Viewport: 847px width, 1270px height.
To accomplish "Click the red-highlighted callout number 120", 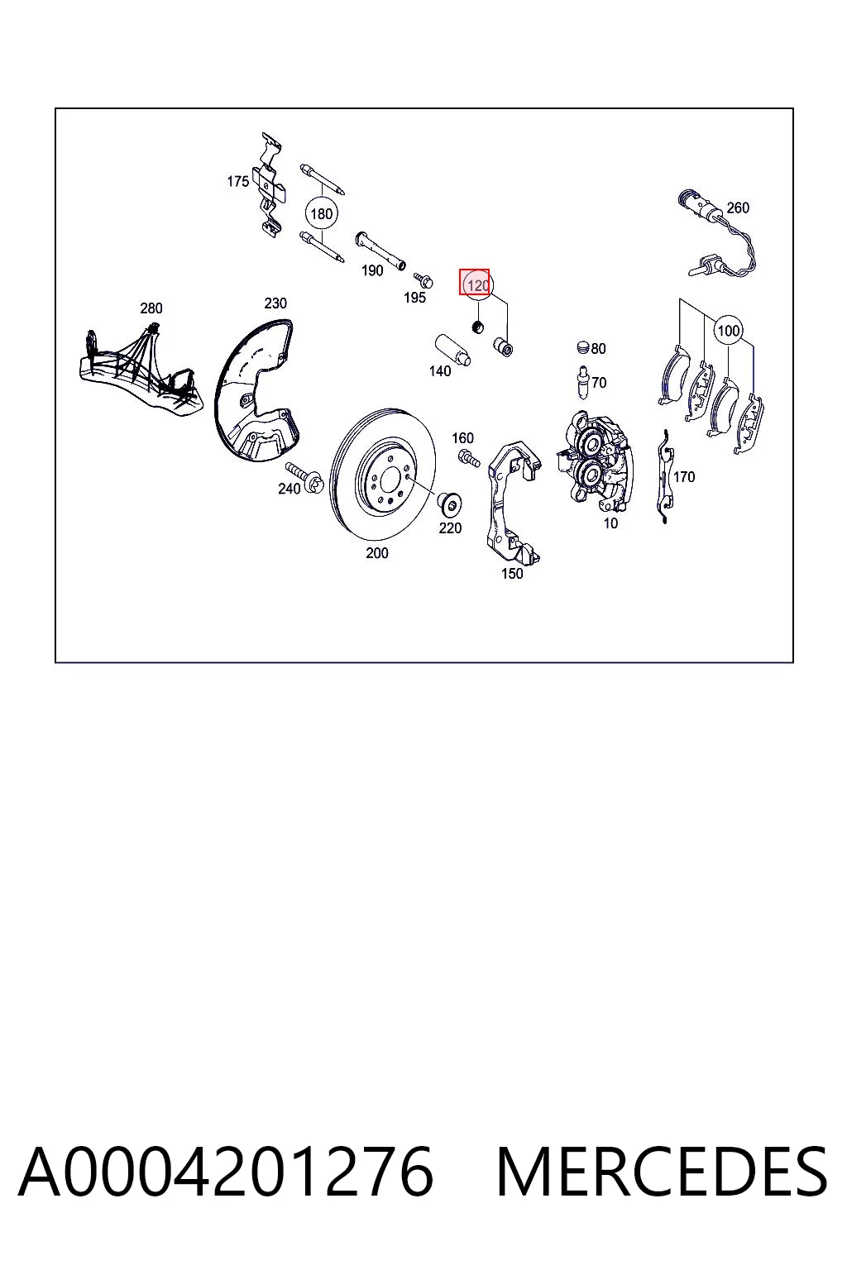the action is (478, 285).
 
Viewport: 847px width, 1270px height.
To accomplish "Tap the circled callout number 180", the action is (321, 214).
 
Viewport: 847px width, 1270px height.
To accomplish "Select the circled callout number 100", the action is (729, 330).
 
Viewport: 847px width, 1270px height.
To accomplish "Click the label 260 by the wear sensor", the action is (738, 208).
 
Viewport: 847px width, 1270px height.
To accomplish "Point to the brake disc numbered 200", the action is (382, 474).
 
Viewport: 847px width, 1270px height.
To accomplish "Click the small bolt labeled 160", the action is (469, 457).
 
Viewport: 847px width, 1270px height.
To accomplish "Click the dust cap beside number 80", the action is (583, 347).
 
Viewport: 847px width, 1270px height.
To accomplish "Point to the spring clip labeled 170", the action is (665, 477).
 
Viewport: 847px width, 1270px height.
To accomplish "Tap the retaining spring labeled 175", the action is (269, 185).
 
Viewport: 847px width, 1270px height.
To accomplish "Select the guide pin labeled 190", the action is (380, 251).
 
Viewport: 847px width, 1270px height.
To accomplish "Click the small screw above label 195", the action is (423, 279).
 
